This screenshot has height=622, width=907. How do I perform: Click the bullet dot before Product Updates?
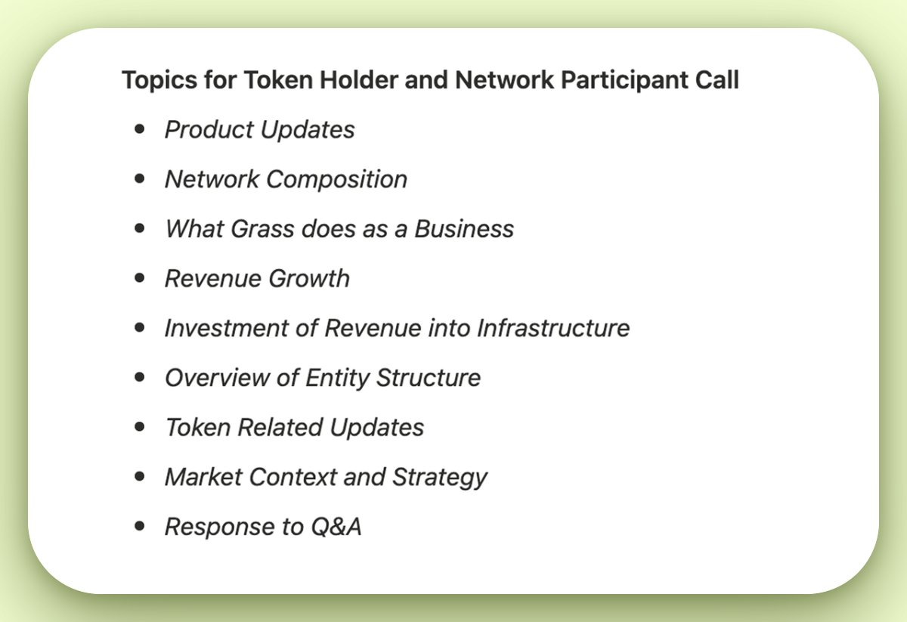(139, 129)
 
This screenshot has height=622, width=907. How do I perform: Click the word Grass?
(257, 229)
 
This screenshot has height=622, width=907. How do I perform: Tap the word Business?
(464, 229)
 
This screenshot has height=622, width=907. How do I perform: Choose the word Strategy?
(440, 478)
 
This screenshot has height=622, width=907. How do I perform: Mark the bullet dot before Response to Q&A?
(139, 526)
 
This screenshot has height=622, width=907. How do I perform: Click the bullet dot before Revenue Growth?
(139, 278)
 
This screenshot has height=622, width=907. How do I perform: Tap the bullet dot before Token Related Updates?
(139, 427)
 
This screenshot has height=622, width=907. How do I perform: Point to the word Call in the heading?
(717, 80)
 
